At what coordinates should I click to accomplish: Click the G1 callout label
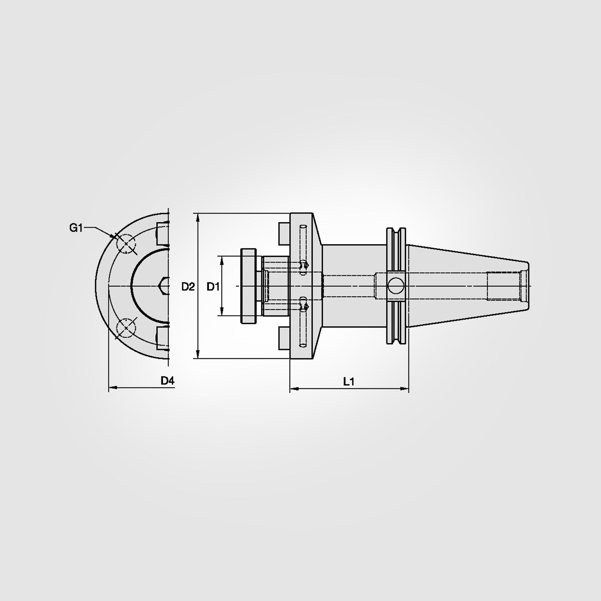76,228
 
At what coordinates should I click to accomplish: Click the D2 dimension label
188,286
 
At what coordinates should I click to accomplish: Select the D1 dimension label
213,286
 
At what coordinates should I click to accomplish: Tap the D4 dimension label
167,380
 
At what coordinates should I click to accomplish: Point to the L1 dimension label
349,382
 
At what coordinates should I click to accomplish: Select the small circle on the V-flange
396,286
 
